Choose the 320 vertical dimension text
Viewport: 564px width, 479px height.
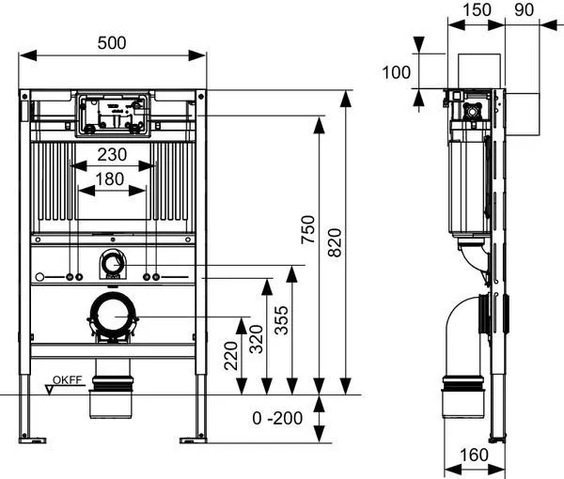point(256,339)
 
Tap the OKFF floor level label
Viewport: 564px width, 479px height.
point(69,380)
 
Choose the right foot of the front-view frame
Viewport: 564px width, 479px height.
point(194,437)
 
